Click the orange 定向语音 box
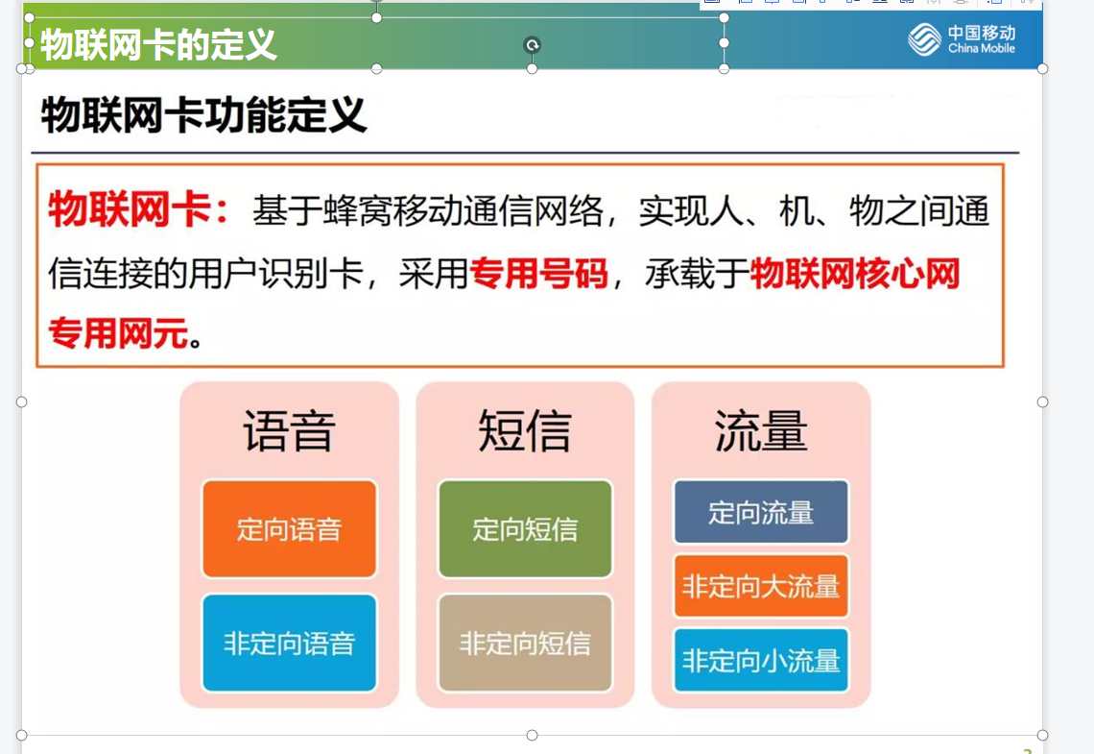[289, 528]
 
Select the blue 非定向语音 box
[289, 643]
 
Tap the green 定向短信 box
[525, 528]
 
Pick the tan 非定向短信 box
[525, 643]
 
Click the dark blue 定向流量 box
[760, 512]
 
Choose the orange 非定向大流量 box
[760, 586]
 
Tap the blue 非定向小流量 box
[760, 660]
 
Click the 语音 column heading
[289, 430]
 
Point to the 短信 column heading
[525, 430]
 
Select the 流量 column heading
[760, 430]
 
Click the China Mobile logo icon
[924, 39]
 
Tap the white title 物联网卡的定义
[158, 45]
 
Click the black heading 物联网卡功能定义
[203, 115]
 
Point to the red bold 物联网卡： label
[139, 208]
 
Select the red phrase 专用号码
[538, 273]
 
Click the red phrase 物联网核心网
[855, 273]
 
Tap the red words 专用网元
[119, 332]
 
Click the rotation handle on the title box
[533, 45]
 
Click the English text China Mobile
[981, 48]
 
